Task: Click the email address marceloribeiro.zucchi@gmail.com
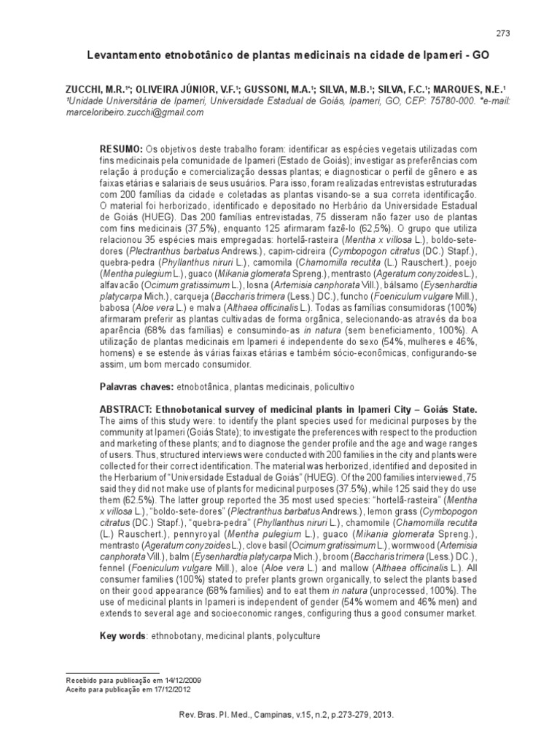136,113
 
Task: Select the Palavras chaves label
134,384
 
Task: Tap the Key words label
123,636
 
